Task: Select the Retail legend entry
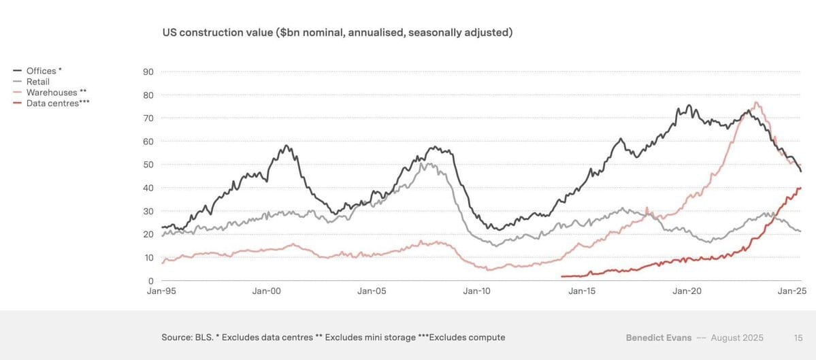[x=37, y=82]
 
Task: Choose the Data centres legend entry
[x=57, y=103]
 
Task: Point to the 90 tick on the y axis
[x=148, y=72]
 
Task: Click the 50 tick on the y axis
[x=148, y=165]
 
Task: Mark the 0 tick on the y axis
[x=150, y=280]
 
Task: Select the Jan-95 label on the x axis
[x=161, y=291]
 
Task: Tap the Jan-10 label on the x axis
[x=476, y=291]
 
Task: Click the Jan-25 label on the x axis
[x=792, y=291]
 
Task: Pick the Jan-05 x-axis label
[x=372, y=291]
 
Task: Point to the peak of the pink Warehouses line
[x=756, y=103]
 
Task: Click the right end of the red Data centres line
[x=800, y=188]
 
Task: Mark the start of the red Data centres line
[x=561, y=276]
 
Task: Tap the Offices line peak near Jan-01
[x=287, y=146]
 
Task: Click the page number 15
[x=798, y=338]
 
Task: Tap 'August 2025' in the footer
[x=738, y=338]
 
